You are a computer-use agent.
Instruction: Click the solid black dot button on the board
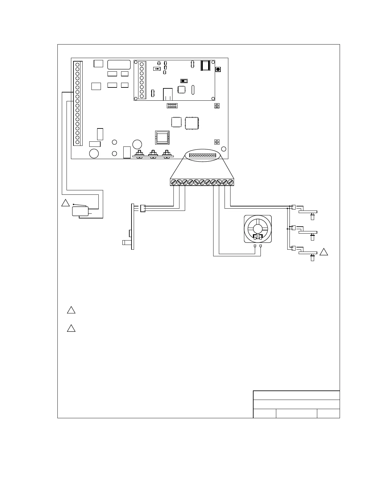(x=218, y=69)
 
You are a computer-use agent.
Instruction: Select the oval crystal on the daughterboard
(x=193, y=90)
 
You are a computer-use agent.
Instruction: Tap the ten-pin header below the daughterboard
(x=172, y=105)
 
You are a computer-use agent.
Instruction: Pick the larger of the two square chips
(x=192, y=123)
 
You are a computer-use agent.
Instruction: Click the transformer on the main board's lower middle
(x=162, y=138)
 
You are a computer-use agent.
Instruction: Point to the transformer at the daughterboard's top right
(x=205, y=65)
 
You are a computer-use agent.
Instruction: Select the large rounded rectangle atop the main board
(x=119, y=64)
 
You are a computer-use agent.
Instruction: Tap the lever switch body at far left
(x=80, y=211)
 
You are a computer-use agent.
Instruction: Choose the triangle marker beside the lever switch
(x=65, y=203)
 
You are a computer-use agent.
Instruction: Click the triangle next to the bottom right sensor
(x=324, y=252)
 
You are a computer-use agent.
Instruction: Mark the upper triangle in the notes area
(x=71, y=310)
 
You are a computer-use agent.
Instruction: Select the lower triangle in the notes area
(x=71, y=328)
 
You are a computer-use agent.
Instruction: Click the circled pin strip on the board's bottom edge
(x=202, y=155)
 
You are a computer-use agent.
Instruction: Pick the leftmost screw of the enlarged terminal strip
(x=173, y=182)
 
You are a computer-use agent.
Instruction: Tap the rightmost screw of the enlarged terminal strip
(x=231, y=182)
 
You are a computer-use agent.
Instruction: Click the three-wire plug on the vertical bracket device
(x=143, y=208)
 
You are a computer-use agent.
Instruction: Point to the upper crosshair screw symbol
(x=217, y=106)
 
